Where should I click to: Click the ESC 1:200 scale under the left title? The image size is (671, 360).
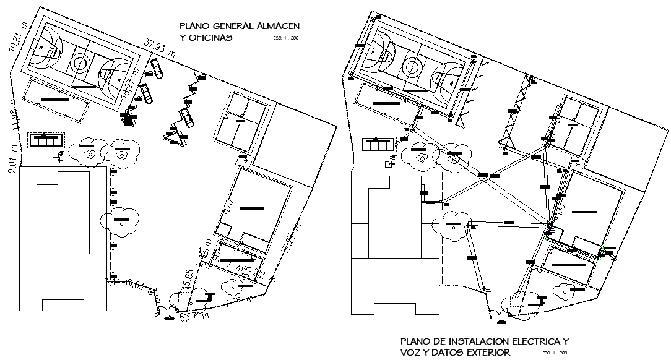[285, 38]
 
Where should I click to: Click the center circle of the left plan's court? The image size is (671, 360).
[80, 62]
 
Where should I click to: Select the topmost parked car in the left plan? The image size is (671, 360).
[155, 69]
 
